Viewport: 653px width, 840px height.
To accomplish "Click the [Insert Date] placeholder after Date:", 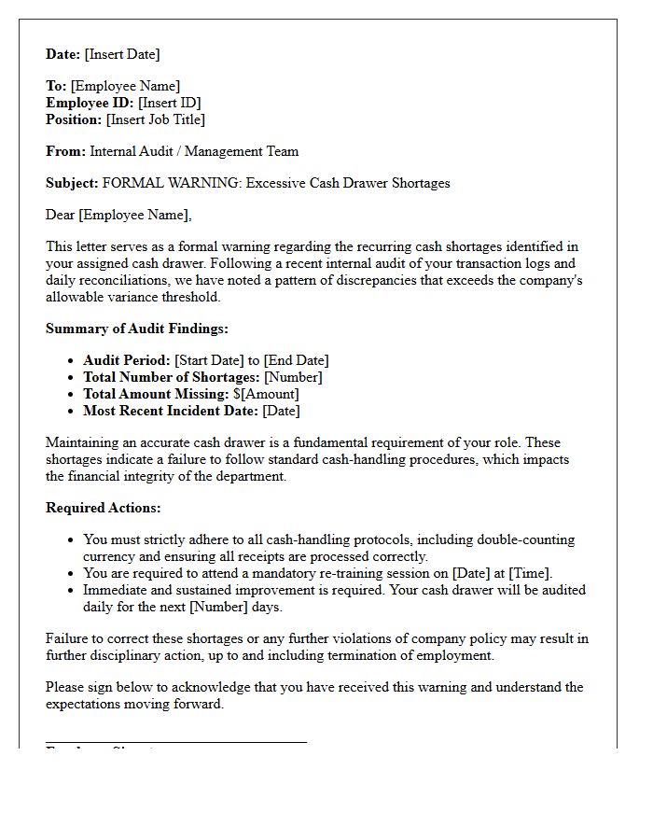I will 122,54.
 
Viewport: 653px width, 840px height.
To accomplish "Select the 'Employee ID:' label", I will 90,103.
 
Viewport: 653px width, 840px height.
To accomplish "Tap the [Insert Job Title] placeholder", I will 155,119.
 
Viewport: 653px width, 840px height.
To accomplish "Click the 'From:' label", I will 65,151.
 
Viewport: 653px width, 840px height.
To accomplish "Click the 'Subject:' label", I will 72,183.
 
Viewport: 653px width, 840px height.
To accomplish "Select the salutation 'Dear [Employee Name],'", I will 118,215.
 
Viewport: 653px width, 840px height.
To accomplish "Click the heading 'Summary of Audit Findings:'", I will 136,329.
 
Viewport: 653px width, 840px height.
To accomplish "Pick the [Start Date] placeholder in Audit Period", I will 209,360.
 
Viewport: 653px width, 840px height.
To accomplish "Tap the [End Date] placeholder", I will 296,360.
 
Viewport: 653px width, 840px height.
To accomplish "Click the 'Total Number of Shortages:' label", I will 172,377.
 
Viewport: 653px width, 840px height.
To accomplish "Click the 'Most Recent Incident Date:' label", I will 171,411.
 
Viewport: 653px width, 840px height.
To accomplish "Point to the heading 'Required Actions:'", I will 103,508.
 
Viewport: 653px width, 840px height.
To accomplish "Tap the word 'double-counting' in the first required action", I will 526,539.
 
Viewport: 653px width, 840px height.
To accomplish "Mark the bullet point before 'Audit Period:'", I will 72,361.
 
